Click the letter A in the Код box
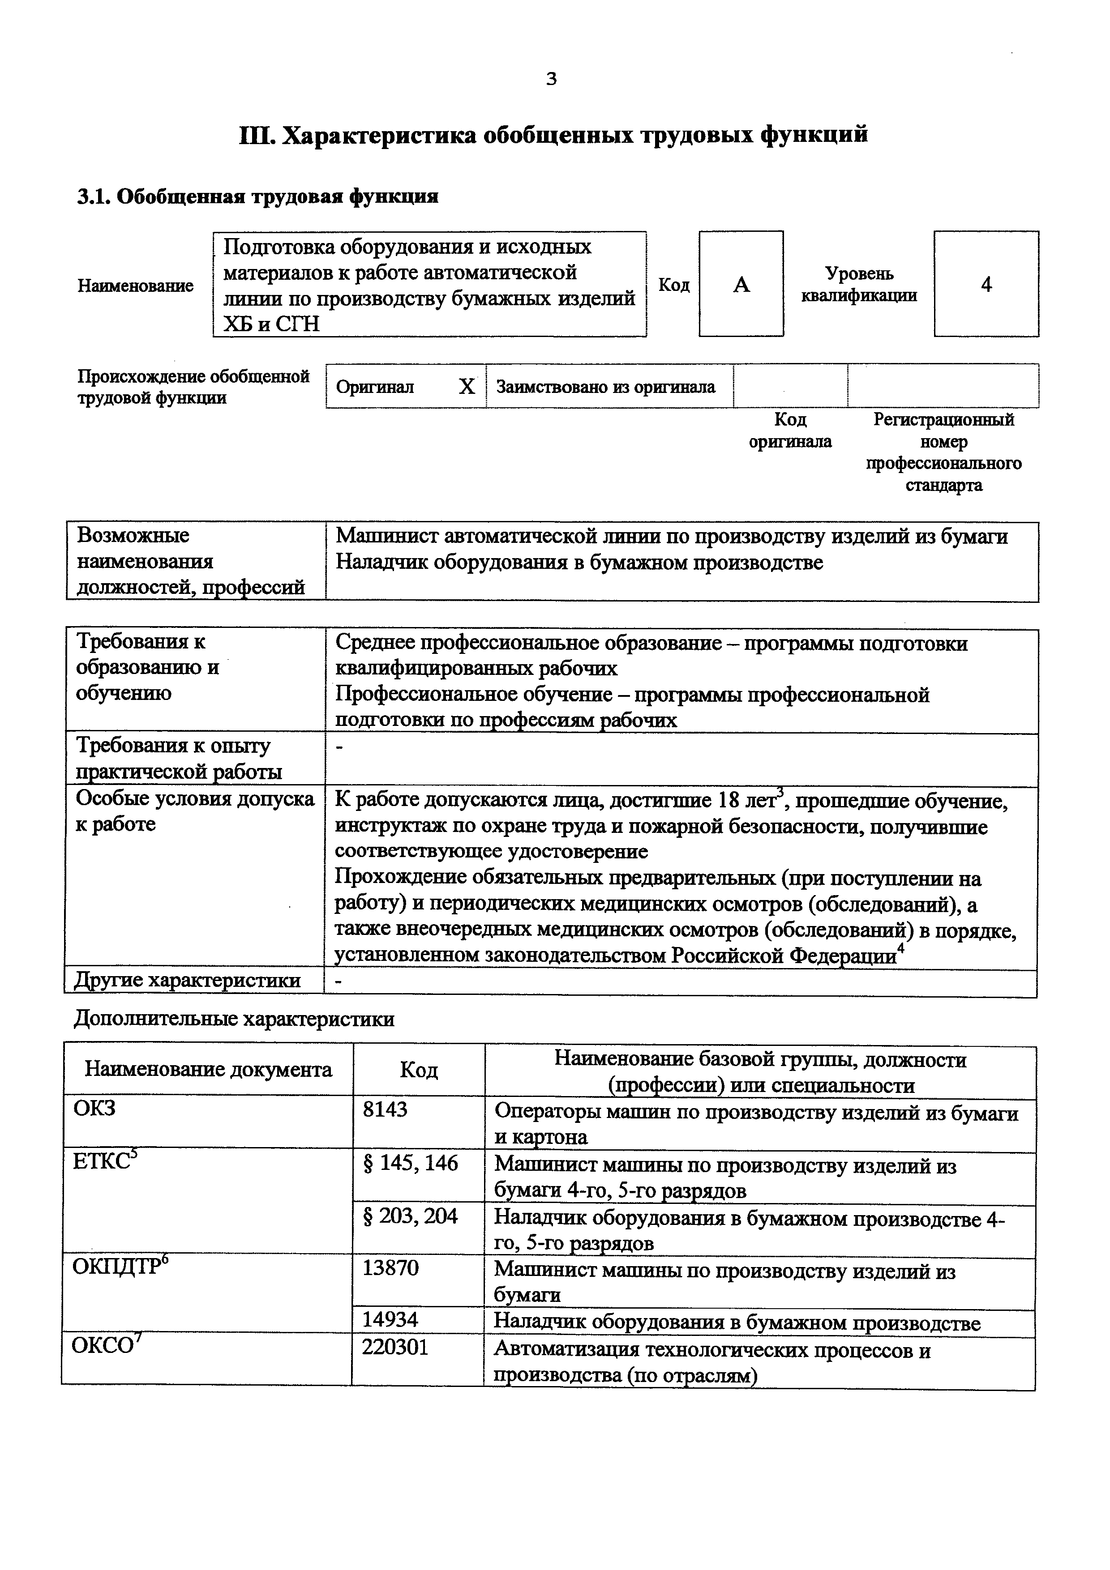click(x=741, y=285)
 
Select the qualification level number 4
click(x=986, y=285)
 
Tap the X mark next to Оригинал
click(x=467, y=387)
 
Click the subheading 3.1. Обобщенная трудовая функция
click(x=257, y=197)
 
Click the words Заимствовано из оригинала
click(x=605, y=387)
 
